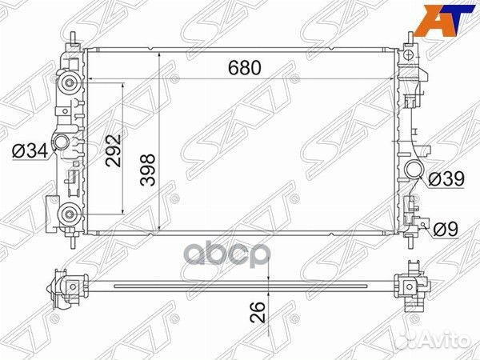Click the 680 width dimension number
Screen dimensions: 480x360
point(245,68)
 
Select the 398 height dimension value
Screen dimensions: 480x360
point(148,170)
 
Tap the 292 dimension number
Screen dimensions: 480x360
point(113,150)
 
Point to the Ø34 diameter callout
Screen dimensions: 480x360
point(30,151)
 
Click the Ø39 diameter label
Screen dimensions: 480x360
point(446,178)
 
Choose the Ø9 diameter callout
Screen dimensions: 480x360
point(446,229)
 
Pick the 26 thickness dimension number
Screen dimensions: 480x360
point(258,312)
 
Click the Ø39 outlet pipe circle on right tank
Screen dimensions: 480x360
point(414,169)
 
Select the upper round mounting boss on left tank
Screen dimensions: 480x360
point(70,82)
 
